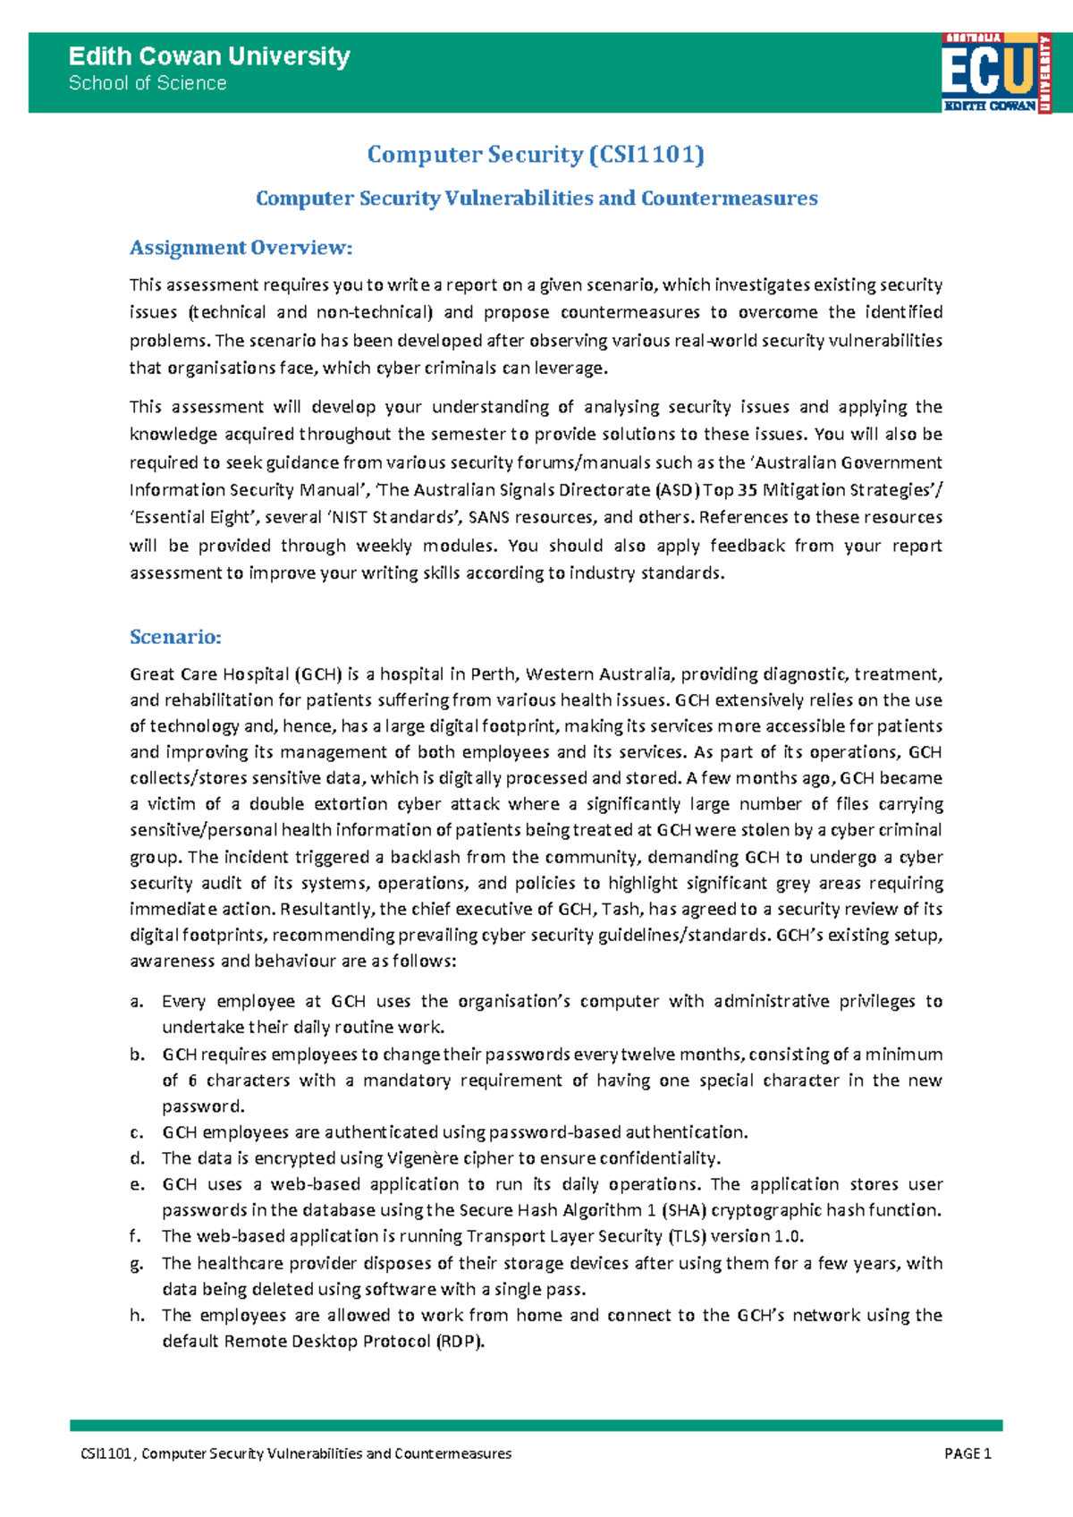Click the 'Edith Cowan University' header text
tap(209, 56)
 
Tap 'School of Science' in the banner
tap(148, 83)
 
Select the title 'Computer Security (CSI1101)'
tap(536, 155)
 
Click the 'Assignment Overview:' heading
tap(241, 248)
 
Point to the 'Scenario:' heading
tap(175, 637)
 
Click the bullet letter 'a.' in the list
tap(137, 1002)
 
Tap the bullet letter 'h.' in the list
tap(137, 1316)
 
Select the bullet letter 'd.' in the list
tap(137, 1158)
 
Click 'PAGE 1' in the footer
tap(967, 1453)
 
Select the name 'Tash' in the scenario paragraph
tap(621, 910)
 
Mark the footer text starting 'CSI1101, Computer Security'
tap(296, 1453)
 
